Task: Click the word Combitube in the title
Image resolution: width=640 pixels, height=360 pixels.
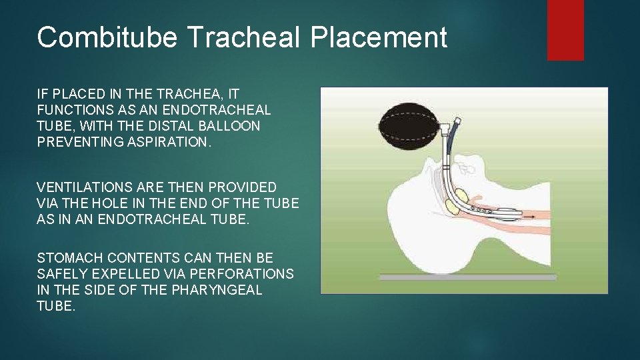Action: coord(107,37)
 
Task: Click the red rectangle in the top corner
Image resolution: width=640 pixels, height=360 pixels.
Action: coord(565,30)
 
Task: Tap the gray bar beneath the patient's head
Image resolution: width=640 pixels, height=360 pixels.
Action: coord(467,277)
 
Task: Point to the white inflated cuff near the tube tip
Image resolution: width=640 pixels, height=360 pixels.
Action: coord(508,213)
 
